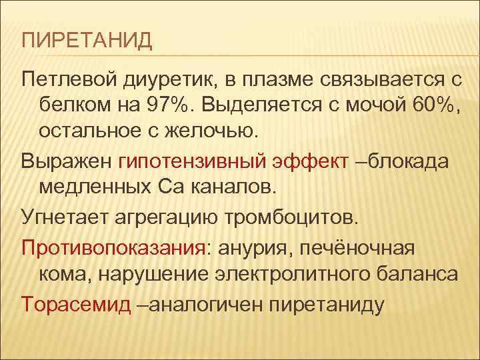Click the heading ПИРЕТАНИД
tap(87, 41)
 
